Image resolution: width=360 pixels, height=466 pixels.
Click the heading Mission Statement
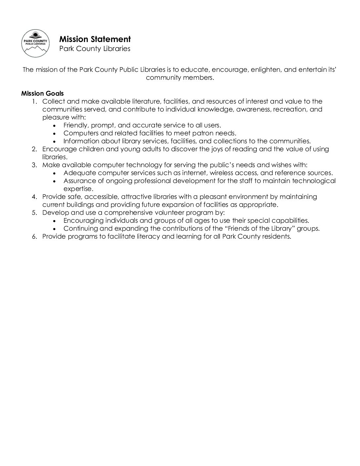click(x=95, y=39)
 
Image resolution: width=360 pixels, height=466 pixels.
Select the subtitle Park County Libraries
click(x=95, y=49)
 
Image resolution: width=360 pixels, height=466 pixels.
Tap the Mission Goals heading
click(x=42, y=93)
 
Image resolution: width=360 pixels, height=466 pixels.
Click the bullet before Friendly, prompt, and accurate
click(x=55, y=125)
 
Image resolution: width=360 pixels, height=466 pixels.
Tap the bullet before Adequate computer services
click(x=55, y=173)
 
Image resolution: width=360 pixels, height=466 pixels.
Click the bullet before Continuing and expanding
click(x=55, y=229)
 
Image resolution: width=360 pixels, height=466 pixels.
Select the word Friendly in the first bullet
click(x=75, y=125)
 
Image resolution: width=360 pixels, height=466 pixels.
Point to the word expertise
click(x=77, y=189)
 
